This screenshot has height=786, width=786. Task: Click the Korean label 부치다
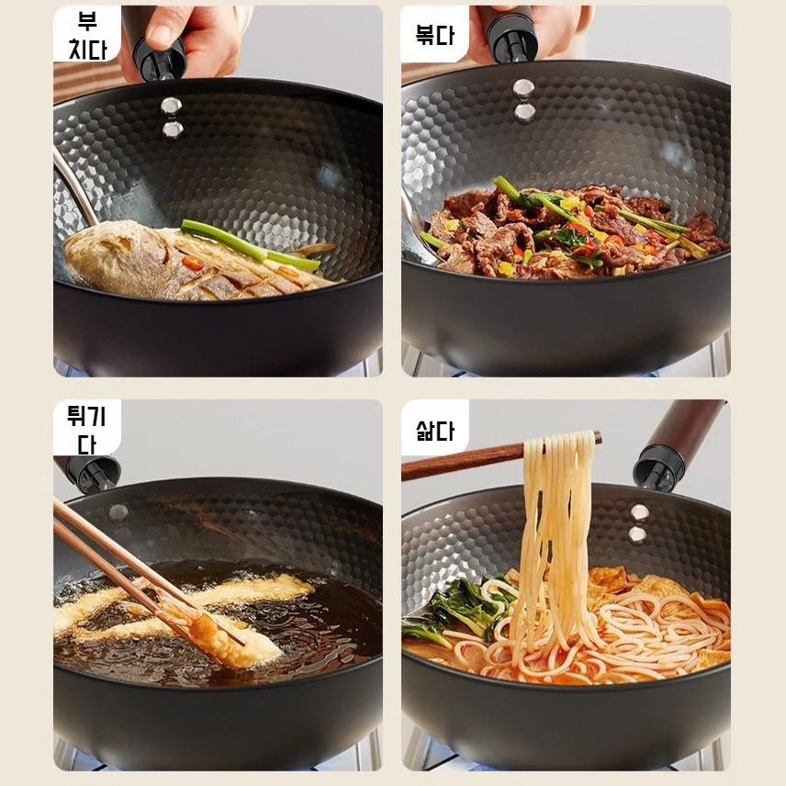tap(87, 36)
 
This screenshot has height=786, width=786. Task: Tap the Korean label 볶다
tap(435, 35)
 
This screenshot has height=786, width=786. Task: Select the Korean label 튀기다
tap(86, 430)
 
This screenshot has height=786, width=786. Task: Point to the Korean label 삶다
tap(435, 430)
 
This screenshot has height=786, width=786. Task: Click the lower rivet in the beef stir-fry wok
tap(524, 112)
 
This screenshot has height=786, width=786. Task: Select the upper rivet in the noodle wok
tap(640, 513)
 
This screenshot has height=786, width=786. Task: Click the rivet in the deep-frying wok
tap(118, 511)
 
